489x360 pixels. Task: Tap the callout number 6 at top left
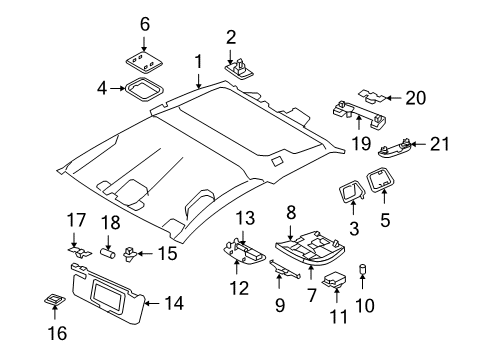[x=145, y=22]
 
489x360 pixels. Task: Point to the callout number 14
[x=174, y=302]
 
